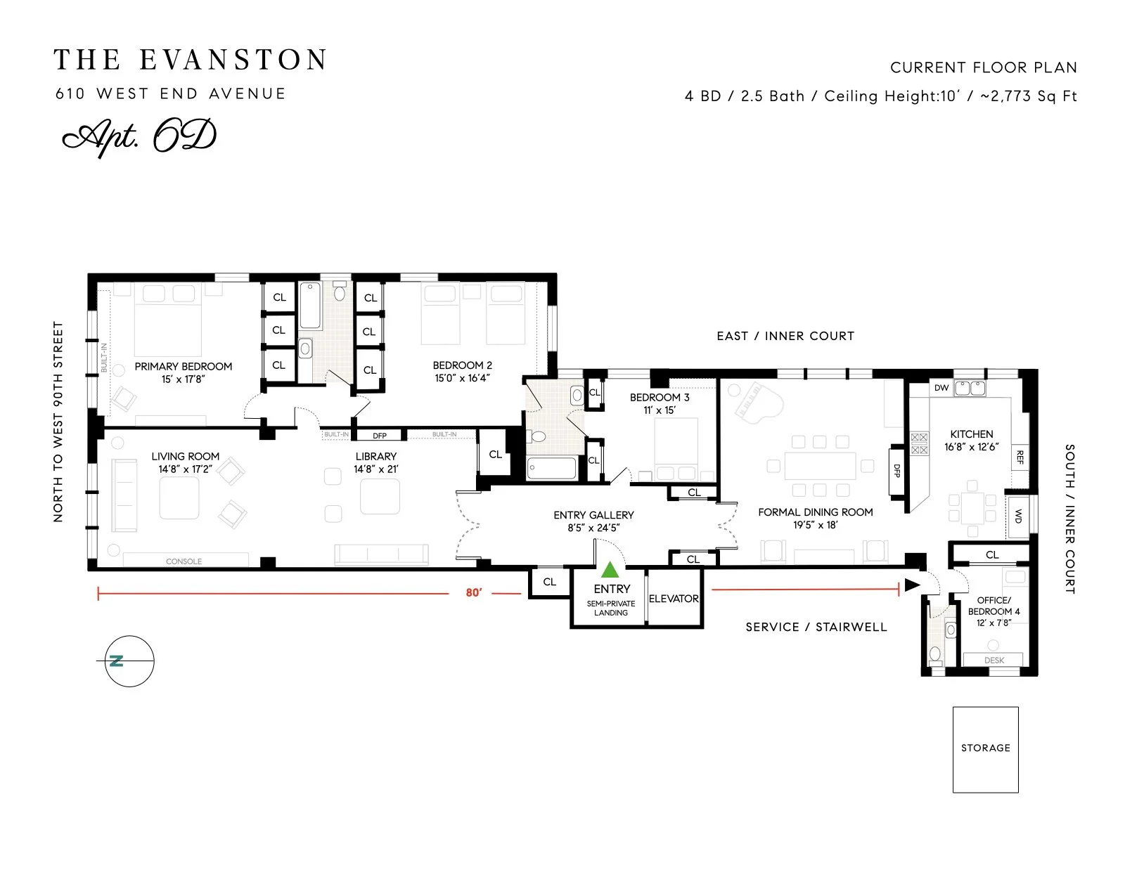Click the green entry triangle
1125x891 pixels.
point(610,570)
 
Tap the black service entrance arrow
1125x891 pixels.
point(912,585)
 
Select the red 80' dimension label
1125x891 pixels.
point(474,592)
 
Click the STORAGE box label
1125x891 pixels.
point(985,748)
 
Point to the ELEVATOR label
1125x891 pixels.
point(674,599)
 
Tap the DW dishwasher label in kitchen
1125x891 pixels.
point(941,388)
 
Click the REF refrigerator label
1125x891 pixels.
point(1020,457)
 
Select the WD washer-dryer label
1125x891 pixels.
point(1018,516)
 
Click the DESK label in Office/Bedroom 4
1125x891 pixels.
point(994,660)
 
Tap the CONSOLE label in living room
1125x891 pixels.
point(184,561)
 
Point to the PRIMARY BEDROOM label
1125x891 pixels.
point(184,366)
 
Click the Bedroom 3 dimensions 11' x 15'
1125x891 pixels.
point(660,410)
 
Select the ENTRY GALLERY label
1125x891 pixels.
point(593,515)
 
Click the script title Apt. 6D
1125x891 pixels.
point(139,137)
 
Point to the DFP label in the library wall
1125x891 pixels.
point(380,436)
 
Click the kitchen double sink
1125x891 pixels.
point(970,388)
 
